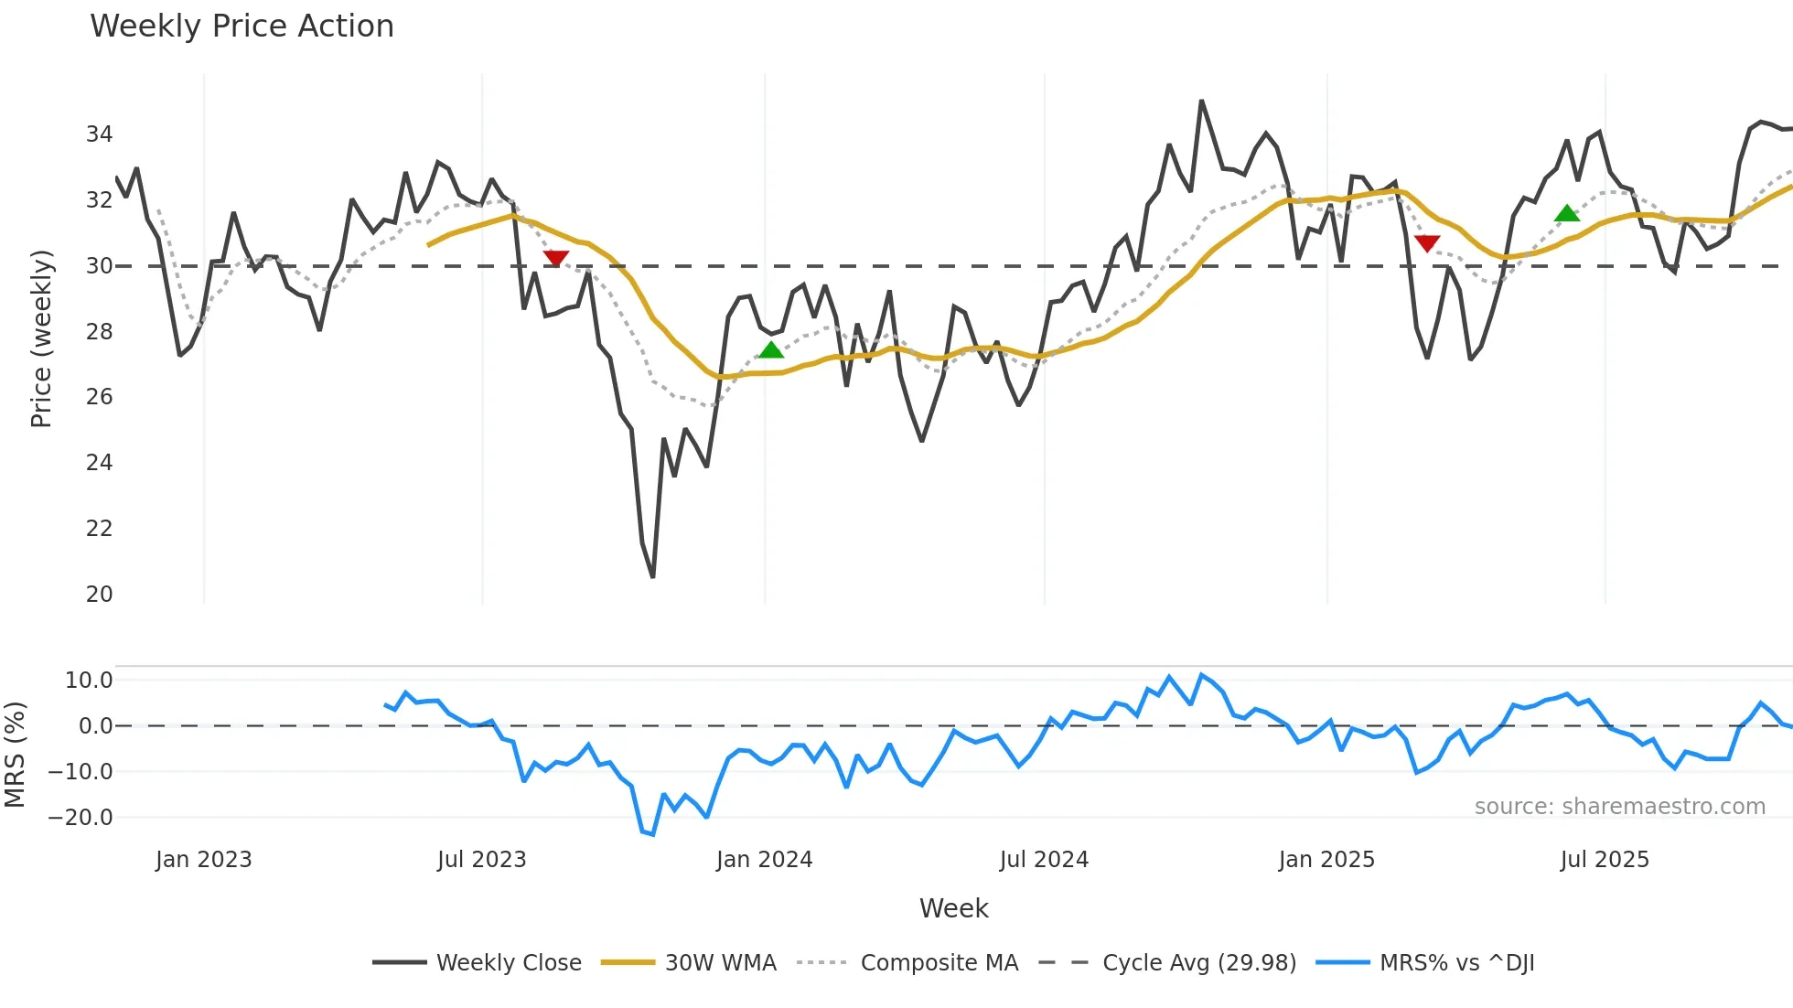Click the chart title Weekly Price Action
(x=242, y=27)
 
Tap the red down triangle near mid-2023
(x=555, y=258)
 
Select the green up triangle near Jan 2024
(x=771, y=349)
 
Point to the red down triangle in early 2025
(x=1427, y=242)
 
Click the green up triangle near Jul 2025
(x=1567, y=213)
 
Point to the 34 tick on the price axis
(x=99, y=134)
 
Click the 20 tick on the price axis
(x=99, y=594)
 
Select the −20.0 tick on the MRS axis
(x=81, y=817)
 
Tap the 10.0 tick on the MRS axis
(x=89, y=680)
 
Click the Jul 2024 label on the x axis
(x=1044, y=860)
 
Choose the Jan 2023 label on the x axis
(x=203, y=860)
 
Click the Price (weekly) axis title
(x=41, y=338)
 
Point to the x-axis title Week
(x=953, y=908)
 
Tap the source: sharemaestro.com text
(x=1619, y=806)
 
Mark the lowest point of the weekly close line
(x=652, y=577)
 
